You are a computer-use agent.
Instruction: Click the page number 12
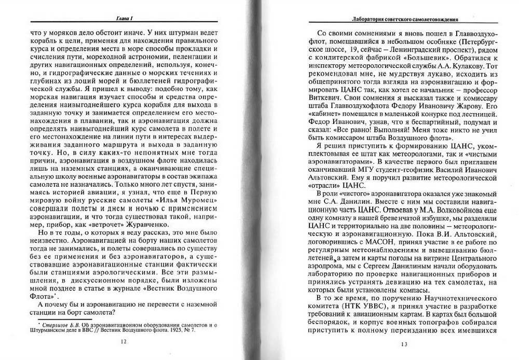(x=122, y=341)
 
